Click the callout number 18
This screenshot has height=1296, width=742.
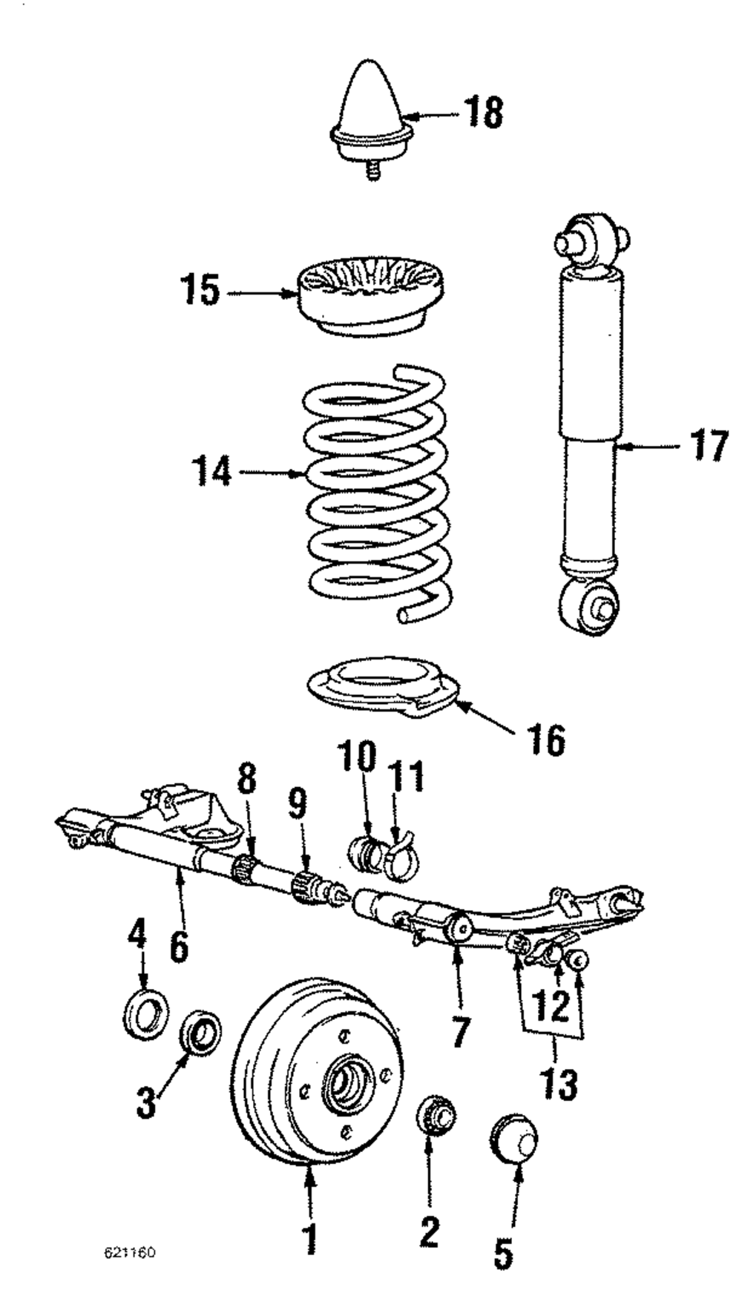pyautogui.click(x=483, y=114)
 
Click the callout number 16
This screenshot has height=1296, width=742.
pyautogui.click(x=546, y=739)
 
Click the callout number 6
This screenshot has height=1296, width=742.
pyautogui.click(x=179, y=945)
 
